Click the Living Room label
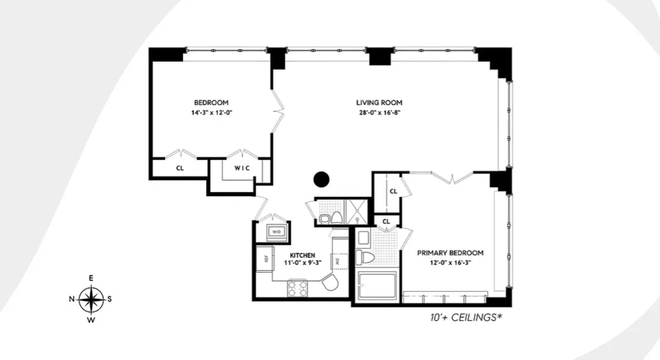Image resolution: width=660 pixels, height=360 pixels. pyautogui.click(x=379, y=103)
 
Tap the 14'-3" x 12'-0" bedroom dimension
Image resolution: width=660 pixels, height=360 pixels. pyautogui.click(x=211, y=112)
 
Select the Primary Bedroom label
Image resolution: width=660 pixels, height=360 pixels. pyautogui.click(x=450, y=253)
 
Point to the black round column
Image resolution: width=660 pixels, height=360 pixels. pyautogui.click(x=321, y=179)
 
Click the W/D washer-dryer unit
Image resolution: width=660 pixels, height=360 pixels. pyautogui.click(x=277, y=232)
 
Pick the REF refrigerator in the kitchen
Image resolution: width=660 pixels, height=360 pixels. pyautogui.click(x=265, y=258)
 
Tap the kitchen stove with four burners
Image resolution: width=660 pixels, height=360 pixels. pyautogui.click(x=297, y=289)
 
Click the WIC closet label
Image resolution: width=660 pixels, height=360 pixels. pyautogui.click(x=242, y=168)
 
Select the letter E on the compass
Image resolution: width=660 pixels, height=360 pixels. pyautogui.click(x=91, y=278)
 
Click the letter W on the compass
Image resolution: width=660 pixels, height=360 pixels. pyautogui.click(x=91, y=320)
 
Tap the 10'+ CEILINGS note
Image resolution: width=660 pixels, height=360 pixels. pyautogui.click(x=466, y=318)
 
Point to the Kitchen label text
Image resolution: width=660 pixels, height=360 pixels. pyautogui.click(x=302, y=255)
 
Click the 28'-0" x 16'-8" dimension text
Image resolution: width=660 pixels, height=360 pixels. pyautogui.click(x=380, y=112)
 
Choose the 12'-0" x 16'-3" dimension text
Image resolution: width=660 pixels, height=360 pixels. pyautogui.click(x=450, y=263)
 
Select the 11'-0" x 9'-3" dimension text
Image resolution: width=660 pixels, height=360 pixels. pyautogui.click(x=303, y=263)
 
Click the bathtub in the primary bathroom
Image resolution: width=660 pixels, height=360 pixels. pyautogui.click(x=377, y=286)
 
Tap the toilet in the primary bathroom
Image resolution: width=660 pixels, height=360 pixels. pyautogui.click(x=365, y=257)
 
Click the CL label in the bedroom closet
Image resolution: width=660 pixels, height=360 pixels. pyautogui.click(x=180, y=168)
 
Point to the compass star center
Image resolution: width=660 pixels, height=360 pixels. pyautogui.click(x=91, y=299)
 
